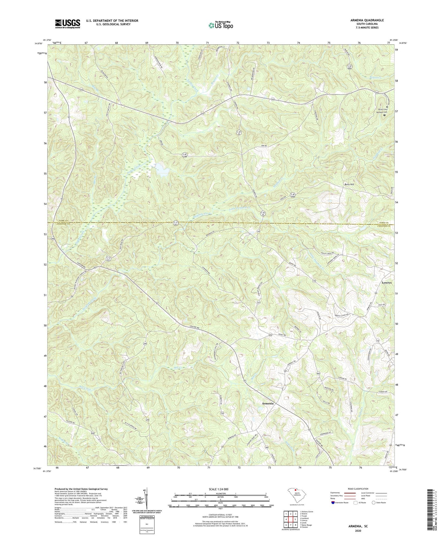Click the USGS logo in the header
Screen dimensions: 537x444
67,24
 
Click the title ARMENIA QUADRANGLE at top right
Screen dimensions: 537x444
367,20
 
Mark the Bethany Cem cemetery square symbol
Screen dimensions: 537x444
384,115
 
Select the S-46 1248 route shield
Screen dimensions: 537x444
184,156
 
